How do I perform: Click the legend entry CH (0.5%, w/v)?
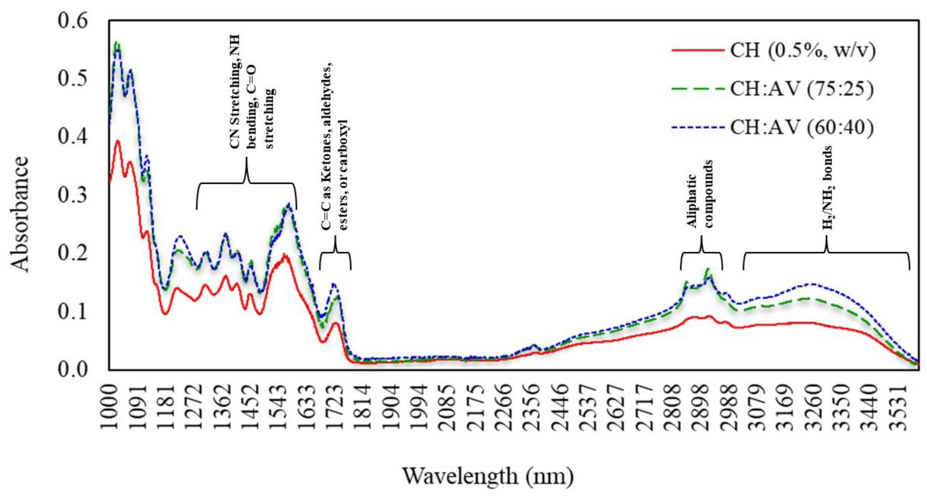[802, 50]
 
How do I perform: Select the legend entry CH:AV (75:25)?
[802, 89]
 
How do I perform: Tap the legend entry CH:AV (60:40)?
[802, 127]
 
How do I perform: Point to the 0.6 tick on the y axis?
[73, 20]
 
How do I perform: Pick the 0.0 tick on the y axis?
[73, 370]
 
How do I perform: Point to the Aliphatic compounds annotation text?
[700, 194]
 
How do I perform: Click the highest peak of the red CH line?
[117, 141]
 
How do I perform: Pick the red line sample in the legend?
[698, 50]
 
